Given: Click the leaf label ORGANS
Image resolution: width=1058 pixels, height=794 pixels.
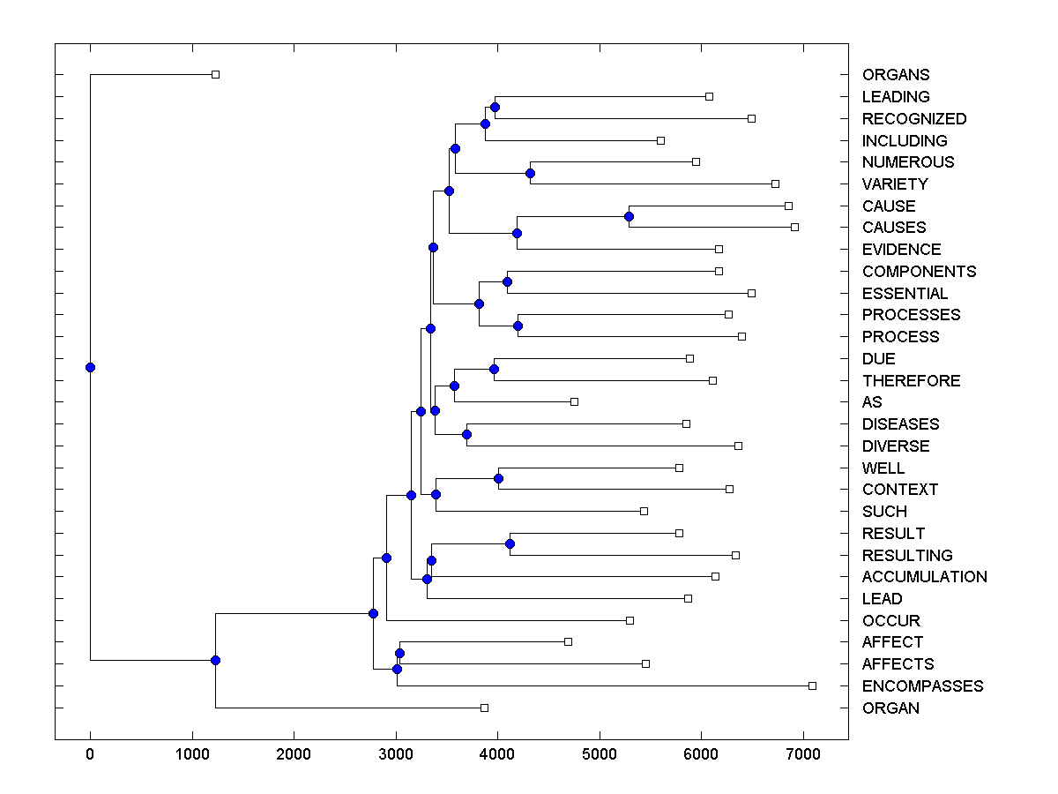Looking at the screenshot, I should pos(896,75).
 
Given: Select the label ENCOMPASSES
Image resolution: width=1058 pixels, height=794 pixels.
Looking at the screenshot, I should pos(922,686).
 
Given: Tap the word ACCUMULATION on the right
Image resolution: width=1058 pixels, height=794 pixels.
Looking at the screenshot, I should pos(924,577).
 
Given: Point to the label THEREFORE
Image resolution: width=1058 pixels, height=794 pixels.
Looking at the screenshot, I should pos(911,381).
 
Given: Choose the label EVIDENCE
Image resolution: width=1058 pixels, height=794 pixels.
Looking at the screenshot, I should pos(901,250).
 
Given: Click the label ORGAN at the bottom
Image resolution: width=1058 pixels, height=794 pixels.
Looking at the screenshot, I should pos(890,708).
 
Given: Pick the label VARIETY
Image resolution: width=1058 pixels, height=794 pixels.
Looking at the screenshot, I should pos(895,184).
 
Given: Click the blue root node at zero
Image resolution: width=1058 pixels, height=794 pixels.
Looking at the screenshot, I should pos(90,367).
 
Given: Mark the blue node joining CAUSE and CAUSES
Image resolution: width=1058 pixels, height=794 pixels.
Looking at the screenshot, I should pos(629,216).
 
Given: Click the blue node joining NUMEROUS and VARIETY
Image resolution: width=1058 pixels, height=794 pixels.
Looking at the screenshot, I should pos(530,173).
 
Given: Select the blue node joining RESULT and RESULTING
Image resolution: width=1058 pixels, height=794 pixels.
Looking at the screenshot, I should pos(510,543).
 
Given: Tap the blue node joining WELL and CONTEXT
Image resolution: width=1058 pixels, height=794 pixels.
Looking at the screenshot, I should pos(498,478).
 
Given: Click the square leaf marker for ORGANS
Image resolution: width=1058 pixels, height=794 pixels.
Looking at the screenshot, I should pos(215,74).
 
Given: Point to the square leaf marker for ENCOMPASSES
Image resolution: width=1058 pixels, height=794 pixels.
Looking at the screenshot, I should pos(812,685).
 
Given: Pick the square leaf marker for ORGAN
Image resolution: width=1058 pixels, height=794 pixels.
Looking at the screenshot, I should pos(484,708).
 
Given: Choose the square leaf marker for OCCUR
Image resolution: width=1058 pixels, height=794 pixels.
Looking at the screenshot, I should pos(630,620).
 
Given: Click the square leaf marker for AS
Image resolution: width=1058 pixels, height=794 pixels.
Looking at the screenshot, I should pos(574,401).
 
